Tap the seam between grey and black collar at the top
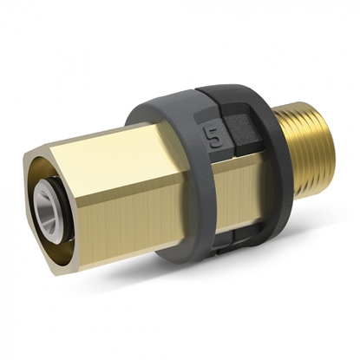coord(196,91)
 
